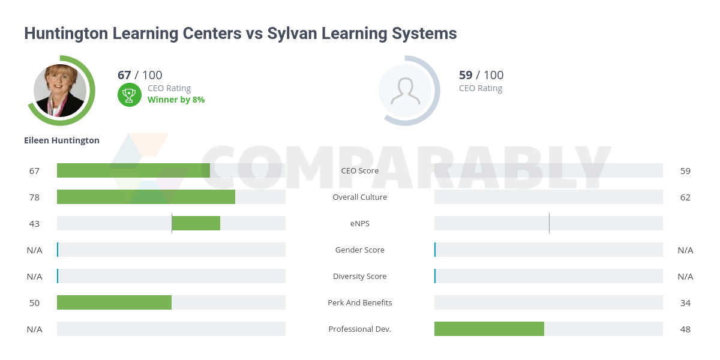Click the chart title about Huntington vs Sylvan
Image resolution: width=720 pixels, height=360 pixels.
pos(240,34)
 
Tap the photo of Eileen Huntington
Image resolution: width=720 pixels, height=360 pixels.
pos(60,91)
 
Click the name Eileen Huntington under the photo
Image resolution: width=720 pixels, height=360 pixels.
pos(62,140)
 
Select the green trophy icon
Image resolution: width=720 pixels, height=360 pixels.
pos(129,95)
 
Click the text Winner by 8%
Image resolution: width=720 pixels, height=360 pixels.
pos(176,100)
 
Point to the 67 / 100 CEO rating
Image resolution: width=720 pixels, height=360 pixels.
pos(140,75)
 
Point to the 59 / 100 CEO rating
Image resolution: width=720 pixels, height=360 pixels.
pos(481,75)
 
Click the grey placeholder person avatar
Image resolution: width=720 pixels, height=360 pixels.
pos(406,91)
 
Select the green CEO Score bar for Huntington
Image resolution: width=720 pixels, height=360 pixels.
pos(133,170)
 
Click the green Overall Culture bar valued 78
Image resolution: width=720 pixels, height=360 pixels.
pos(146,197)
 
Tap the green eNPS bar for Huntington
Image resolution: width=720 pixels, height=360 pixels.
pos(196,223)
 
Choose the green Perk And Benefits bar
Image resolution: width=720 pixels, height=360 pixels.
pos(114,302)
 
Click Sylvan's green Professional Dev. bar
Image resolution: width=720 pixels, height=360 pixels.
pos(489,329)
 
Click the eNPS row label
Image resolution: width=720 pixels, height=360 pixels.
pos(360,223)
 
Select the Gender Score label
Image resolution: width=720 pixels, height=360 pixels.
pos(360,250)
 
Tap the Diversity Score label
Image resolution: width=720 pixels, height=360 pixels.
pos(360,276)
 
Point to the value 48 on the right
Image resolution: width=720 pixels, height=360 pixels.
pos(685,329)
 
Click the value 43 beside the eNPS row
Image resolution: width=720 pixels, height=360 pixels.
pos(34,223)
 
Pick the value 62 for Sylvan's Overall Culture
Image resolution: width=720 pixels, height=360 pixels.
pos(685,197)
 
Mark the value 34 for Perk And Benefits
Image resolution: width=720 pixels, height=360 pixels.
pos(685,302)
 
